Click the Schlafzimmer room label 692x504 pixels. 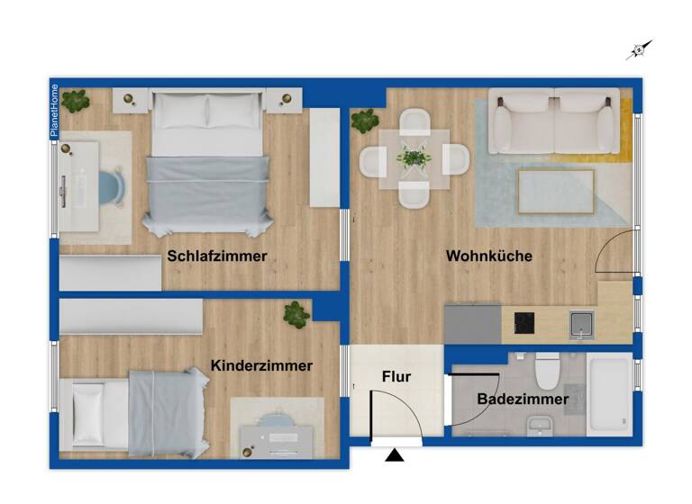coord(217,256)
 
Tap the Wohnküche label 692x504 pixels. coord(489,256)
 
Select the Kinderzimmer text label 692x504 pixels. coord(261,365)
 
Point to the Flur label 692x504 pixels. coord(396,376)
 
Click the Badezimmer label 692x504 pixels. coord(523,399)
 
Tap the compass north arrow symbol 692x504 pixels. coord(639,50)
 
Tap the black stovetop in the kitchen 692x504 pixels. coord(524,322)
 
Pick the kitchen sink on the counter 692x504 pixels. coord(580,323)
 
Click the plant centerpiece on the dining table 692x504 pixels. coord(414,158)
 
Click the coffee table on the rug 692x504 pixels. coord(556,190)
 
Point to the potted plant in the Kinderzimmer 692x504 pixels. coord(296,313)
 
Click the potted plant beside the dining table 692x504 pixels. coord(365,121)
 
